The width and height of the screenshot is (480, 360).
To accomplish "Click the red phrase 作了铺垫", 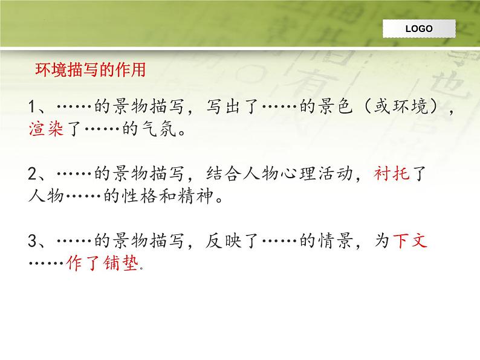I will pos(103,264).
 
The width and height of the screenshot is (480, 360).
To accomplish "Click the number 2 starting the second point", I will pos(33,176).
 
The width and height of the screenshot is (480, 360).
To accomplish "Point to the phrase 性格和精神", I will pos(175,197).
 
